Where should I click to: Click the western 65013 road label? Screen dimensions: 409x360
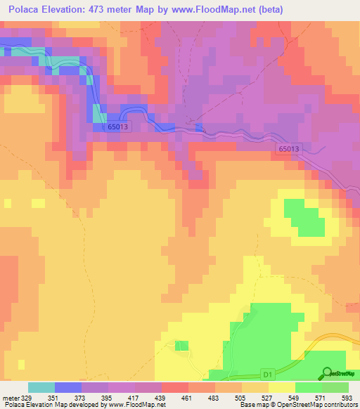[118, 126]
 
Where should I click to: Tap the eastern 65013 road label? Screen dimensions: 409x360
[288, 149]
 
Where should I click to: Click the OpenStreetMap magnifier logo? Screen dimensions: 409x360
[327, 372]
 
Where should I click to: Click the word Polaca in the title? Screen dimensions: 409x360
[26, 9]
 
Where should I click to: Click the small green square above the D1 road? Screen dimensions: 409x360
[181, 345]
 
